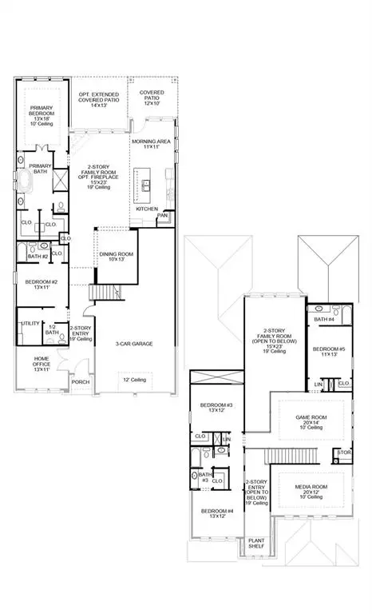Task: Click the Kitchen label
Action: [x=147, y=208]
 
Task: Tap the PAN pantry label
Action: [x=162, y=215]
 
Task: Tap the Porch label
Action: [x=81, y=381]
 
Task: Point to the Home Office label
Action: [x=42, y=364]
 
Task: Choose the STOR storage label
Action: [x=344, y=453]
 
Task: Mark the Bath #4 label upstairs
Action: [x=325, y=320]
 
